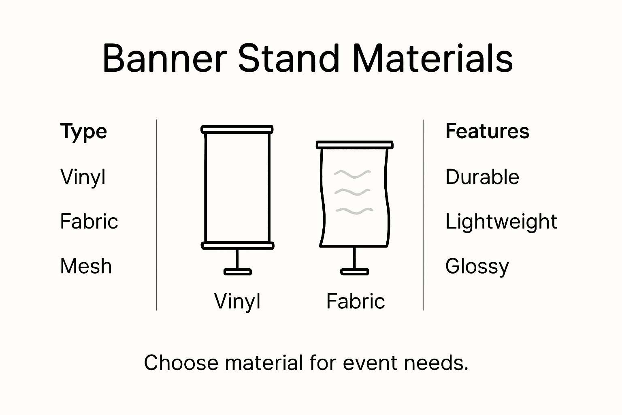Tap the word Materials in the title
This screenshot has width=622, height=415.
[432, 58]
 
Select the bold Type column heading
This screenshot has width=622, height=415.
[83, 132]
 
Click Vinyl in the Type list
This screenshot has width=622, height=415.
[83, 177]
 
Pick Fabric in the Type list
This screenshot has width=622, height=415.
[89, 222]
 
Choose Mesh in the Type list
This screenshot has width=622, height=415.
[86, 266]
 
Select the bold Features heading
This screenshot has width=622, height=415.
[487, 132]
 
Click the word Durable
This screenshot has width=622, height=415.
[482, 177]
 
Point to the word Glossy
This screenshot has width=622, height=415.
[477, 267]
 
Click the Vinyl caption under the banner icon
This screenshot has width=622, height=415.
[237, 301]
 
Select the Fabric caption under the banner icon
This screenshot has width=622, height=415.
[355, 301]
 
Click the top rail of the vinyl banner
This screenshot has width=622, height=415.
[237, 130]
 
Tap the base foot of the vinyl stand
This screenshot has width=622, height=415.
[238, 272]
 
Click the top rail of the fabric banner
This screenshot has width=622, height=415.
[354, 145]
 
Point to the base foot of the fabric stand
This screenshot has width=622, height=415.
[354, 272]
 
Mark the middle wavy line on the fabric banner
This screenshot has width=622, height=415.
[352, 192]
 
